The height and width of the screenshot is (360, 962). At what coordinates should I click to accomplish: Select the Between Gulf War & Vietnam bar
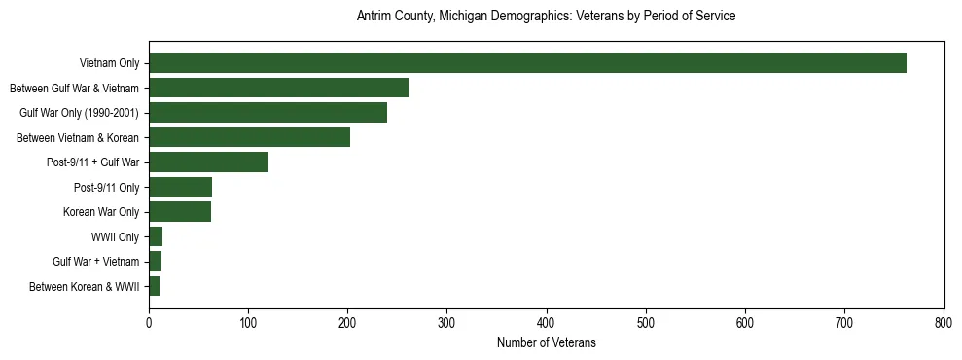point(278,88)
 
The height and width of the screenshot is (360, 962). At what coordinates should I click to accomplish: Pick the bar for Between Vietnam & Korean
point(249,137)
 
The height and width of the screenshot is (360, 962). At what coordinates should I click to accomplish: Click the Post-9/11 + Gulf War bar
point(208,162)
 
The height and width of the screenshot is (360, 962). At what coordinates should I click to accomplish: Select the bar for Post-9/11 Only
point(180,187)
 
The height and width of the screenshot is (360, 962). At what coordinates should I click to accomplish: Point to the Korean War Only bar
point(180,212)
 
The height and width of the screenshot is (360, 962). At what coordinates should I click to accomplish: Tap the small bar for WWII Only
point(156,236)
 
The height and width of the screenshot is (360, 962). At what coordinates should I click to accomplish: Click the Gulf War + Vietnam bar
point(155,262)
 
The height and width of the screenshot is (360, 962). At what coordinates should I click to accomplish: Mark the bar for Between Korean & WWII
point(154,286)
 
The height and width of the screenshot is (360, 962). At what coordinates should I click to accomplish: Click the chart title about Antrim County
point(546,17)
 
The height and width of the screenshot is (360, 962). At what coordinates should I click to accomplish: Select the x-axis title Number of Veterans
point(546,343)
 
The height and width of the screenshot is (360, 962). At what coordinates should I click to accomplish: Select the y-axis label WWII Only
point(114,236)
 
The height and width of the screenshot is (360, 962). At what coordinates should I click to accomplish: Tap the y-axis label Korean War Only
point(101,212)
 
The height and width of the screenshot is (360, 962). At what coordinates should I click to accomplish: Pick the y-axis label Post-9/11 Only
point(106,187)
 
